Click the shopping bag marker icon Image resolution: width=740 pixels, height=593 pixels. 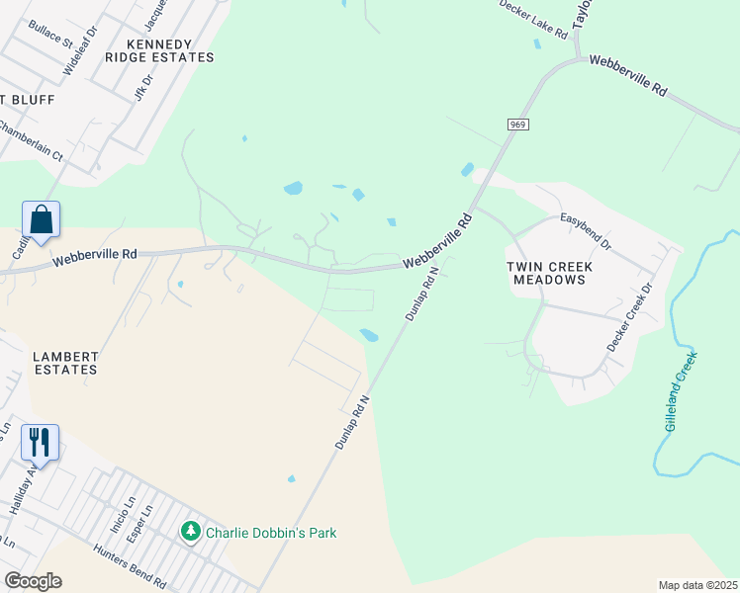(x=42, y=219)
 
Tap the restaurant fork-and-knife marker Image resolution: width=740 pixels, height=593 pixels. (x=40, y=442)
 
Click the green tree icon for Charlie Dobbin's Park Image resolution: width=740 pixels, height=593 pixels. (x=190, y=532)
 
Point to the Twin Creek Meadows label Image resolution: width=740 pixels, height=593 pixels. (x=546, y=273)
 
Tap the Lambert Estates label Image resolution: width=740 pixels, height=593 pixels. (x=64, y=363)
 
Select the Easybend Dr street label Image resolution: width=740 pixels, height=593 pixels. (x=586, y=229)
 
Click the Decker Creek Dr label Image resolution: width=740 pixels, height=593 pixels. (x=630, y=317)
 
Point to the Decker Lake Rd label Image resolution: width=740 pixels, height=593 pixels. (x=533, y=20)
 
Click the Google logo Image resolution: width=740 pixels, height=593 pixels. (x=33, y=581)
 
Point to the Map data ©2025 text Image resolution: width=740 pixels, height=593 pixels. (x=697, y=585)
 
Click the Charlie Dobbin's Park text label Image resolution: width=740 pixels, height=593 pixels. (x=271, y=533)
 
